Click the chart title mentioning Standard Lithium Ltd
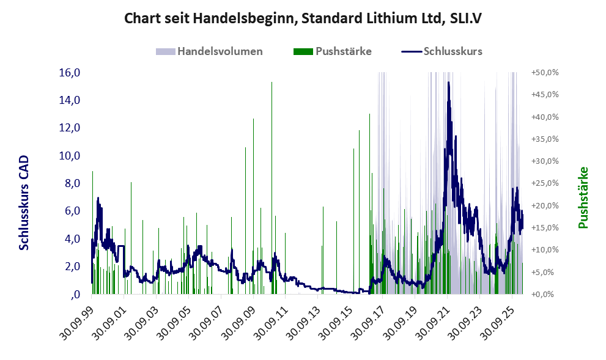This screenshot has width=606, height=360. pos(303,18)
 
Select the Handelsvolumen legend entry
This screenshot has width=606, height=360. pos(209,51)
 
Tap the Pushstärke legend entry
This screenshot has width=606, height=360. pos(333,51)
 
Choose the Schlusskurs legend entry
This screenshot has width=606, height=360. pos(442,51)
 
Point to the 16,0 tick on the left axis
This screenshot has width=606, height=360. pos(70,72)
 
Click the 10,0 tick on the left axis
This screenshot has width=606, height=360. pos(70,156)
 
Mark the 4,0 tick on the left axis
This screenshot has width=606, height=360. pos(72,239)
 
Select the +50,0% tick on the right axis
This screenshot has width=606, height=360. pos(545,73)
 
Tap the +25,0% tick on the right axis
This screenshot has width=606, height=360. pos(545,183)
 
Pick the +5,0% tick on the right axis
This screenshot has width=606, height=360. pos(547,272)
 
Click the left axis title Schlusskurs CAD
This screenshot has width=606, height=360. pos(24,202)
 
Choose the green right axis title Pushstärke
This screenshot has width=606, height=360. pos(583,197)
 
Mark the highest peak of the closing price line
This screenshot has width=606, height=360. pos(448,83)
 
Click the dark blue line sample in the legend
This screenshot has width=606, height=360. pos(412,51)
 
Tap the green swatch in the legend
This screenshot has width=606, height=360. pos(303,52)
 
